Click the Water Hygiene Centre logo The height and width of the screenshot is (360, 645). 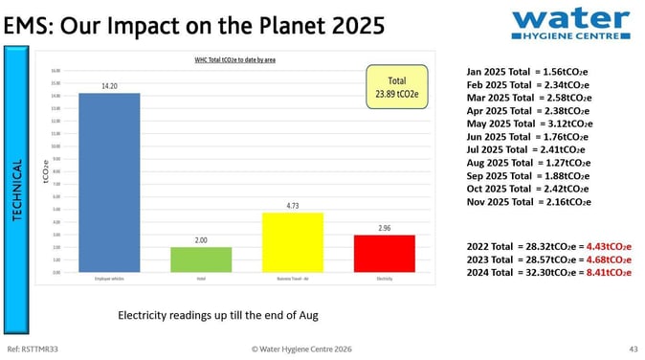point(569,23)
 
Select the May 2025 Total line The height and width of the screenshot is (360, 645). point(529,124)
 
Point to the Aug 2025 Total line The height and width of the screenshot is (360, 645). point(528,163)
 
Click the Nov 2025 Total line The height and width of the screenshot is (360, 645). point(528,202)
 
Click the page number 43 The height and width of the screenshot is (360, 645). point(633,349)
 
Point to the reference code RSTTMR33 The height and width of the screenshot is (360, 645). point(29,349)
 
